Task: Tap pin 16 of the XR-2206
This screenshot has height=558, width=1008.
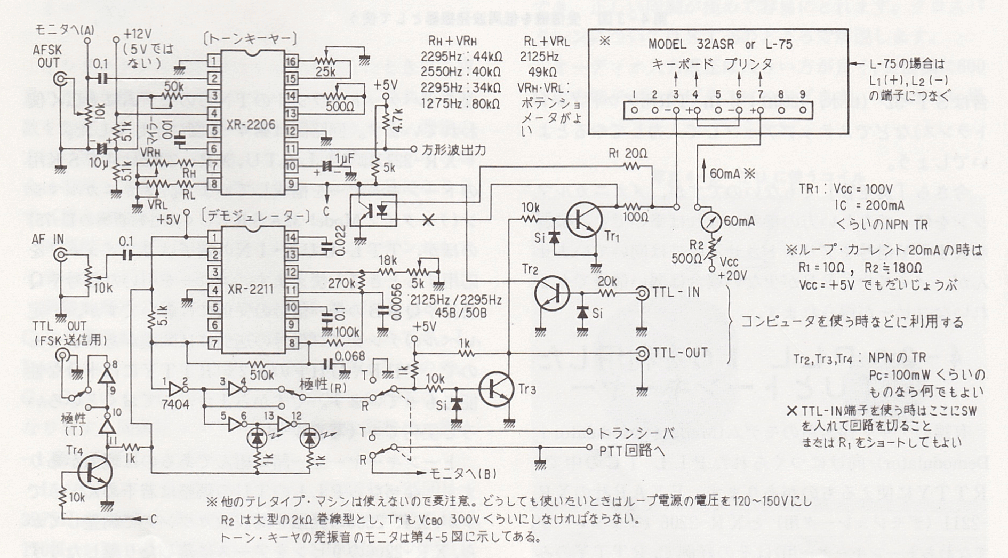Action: click(x=291, y=61)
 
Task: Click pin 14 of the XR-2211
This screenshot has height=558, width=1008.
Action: click(x=291, y=237)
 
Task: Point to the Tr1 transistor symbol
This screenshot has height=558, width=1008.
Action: click(x=584, y=219)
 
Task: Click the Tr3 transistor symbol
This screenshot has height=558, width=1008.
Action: click(x=496, y=389)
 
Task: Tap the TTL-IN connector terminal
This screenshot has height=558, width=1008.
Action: click(x=642, y=293)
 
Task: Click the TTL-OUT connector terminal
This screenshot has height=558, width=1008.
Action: click(x=642, y=353)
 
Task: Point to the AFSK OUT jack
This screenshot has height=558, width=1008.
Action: click(x=60, y=81)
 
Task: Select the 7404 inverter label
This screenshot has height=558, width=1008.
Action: click(x=175, y=404)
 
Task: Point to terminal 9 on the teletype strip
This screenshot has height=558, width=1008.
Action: click(x=802, y=110)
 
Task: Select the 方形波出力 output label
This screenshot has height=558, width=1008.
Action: click(x=453, y=150)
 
